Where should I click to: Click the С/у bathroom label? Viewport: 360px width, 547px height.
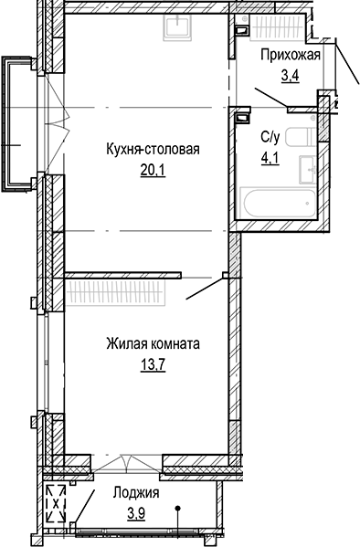tap(270, 138)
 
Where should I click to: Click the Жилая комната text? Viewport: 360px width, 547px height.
tap(153, 345)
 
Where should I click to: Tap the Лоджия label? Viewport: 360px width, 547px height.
tap(136, 492)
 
